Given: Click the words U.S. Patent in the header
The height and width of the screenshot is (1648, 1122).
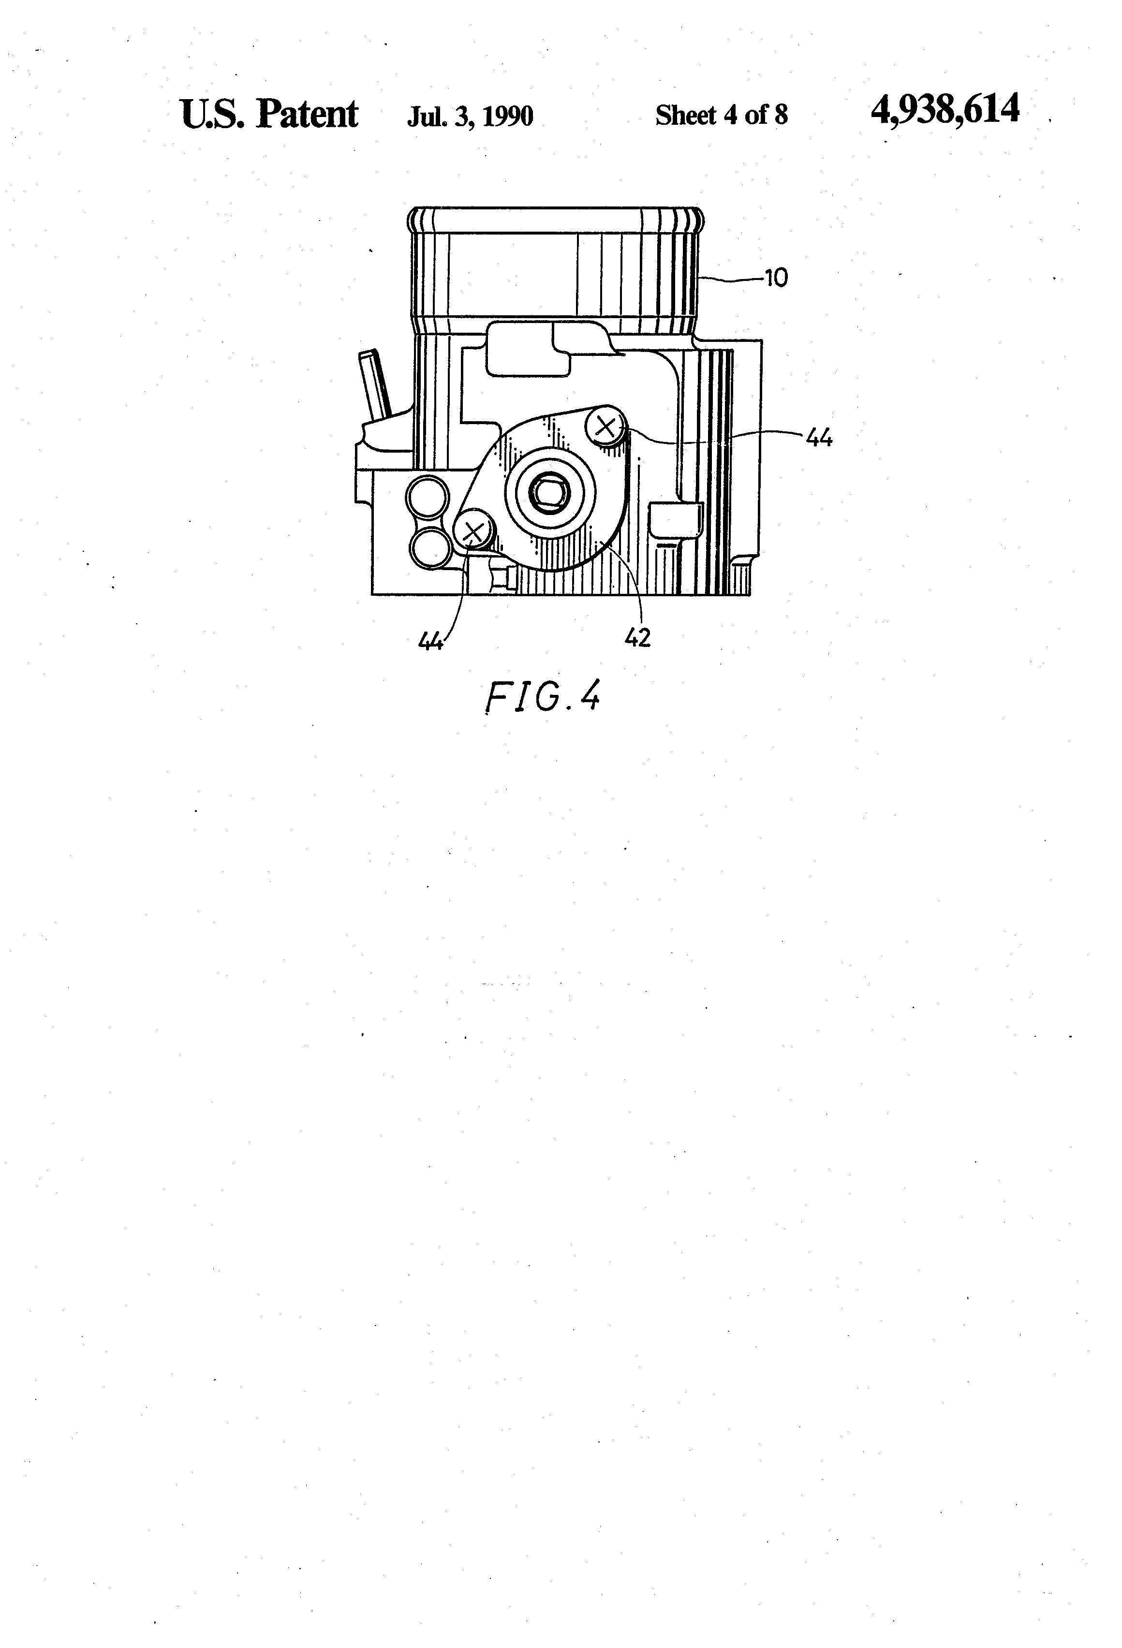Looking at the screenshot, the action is tap(269, 114).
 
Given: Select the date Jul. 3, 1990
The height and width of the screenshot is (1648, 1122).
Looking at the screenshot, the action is tap(470, 116).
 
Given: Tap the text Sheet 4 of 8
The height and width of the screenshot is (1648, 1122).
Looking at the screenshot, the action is tap(721, 115).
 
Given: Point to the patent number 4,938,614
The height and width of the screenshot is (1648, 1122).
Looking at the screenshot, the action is tap(945, 110).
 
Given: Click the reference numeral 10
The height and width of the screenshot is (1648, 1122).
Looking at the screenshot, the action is tap(777, 278).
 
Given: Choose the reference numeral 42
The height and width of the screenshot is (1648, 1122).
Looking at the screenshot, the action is tap(637, 638).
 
